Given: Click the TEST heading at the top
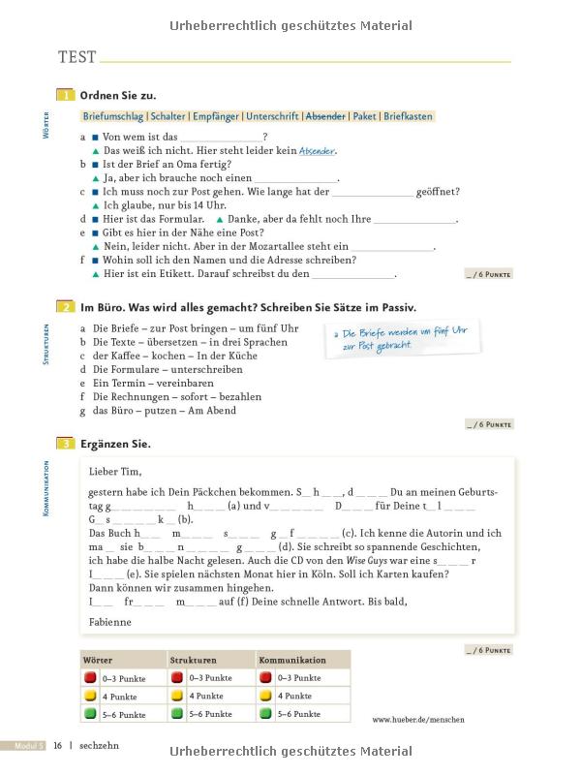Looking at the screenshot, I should [x=77, y=57].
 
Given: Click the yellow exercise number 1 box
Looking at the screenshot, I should [x=66, y=95].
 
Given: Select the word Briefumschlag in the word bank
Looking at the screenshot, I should [x=112, y=116].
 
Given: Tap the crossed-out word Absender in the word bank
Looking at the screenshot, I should [x=325, y=116].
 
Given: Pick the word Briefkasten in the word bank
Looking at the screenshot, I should [x=408, y=116].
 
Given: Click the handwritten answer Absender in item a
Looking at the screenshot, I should [x=318, y=151].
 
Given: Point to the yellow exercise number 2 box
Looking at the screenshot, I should [x=66, y=307].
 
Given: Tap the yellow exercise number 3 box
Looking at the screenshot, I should [x=66, y=444].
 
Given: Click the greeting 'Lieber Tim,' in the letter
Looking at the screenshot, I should [x=114, y=472].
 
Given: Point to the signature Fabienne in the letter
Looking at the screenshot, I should [x=109, y=622].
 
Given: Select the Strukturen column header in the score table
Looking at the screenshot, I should [x=193, y=660].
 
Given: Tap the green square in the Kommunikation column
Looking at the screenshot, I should [x=265, y=714].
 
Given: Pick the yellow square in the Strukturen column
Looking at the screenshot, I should [x=177, y=696].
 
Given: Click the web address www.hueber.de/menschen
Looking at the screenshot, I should [x=418, y=720].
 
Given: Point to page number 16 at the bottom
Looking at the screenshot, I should [x=58, y=746].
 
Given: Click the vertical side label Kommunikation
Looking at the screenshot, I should [x=46, y=489].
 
